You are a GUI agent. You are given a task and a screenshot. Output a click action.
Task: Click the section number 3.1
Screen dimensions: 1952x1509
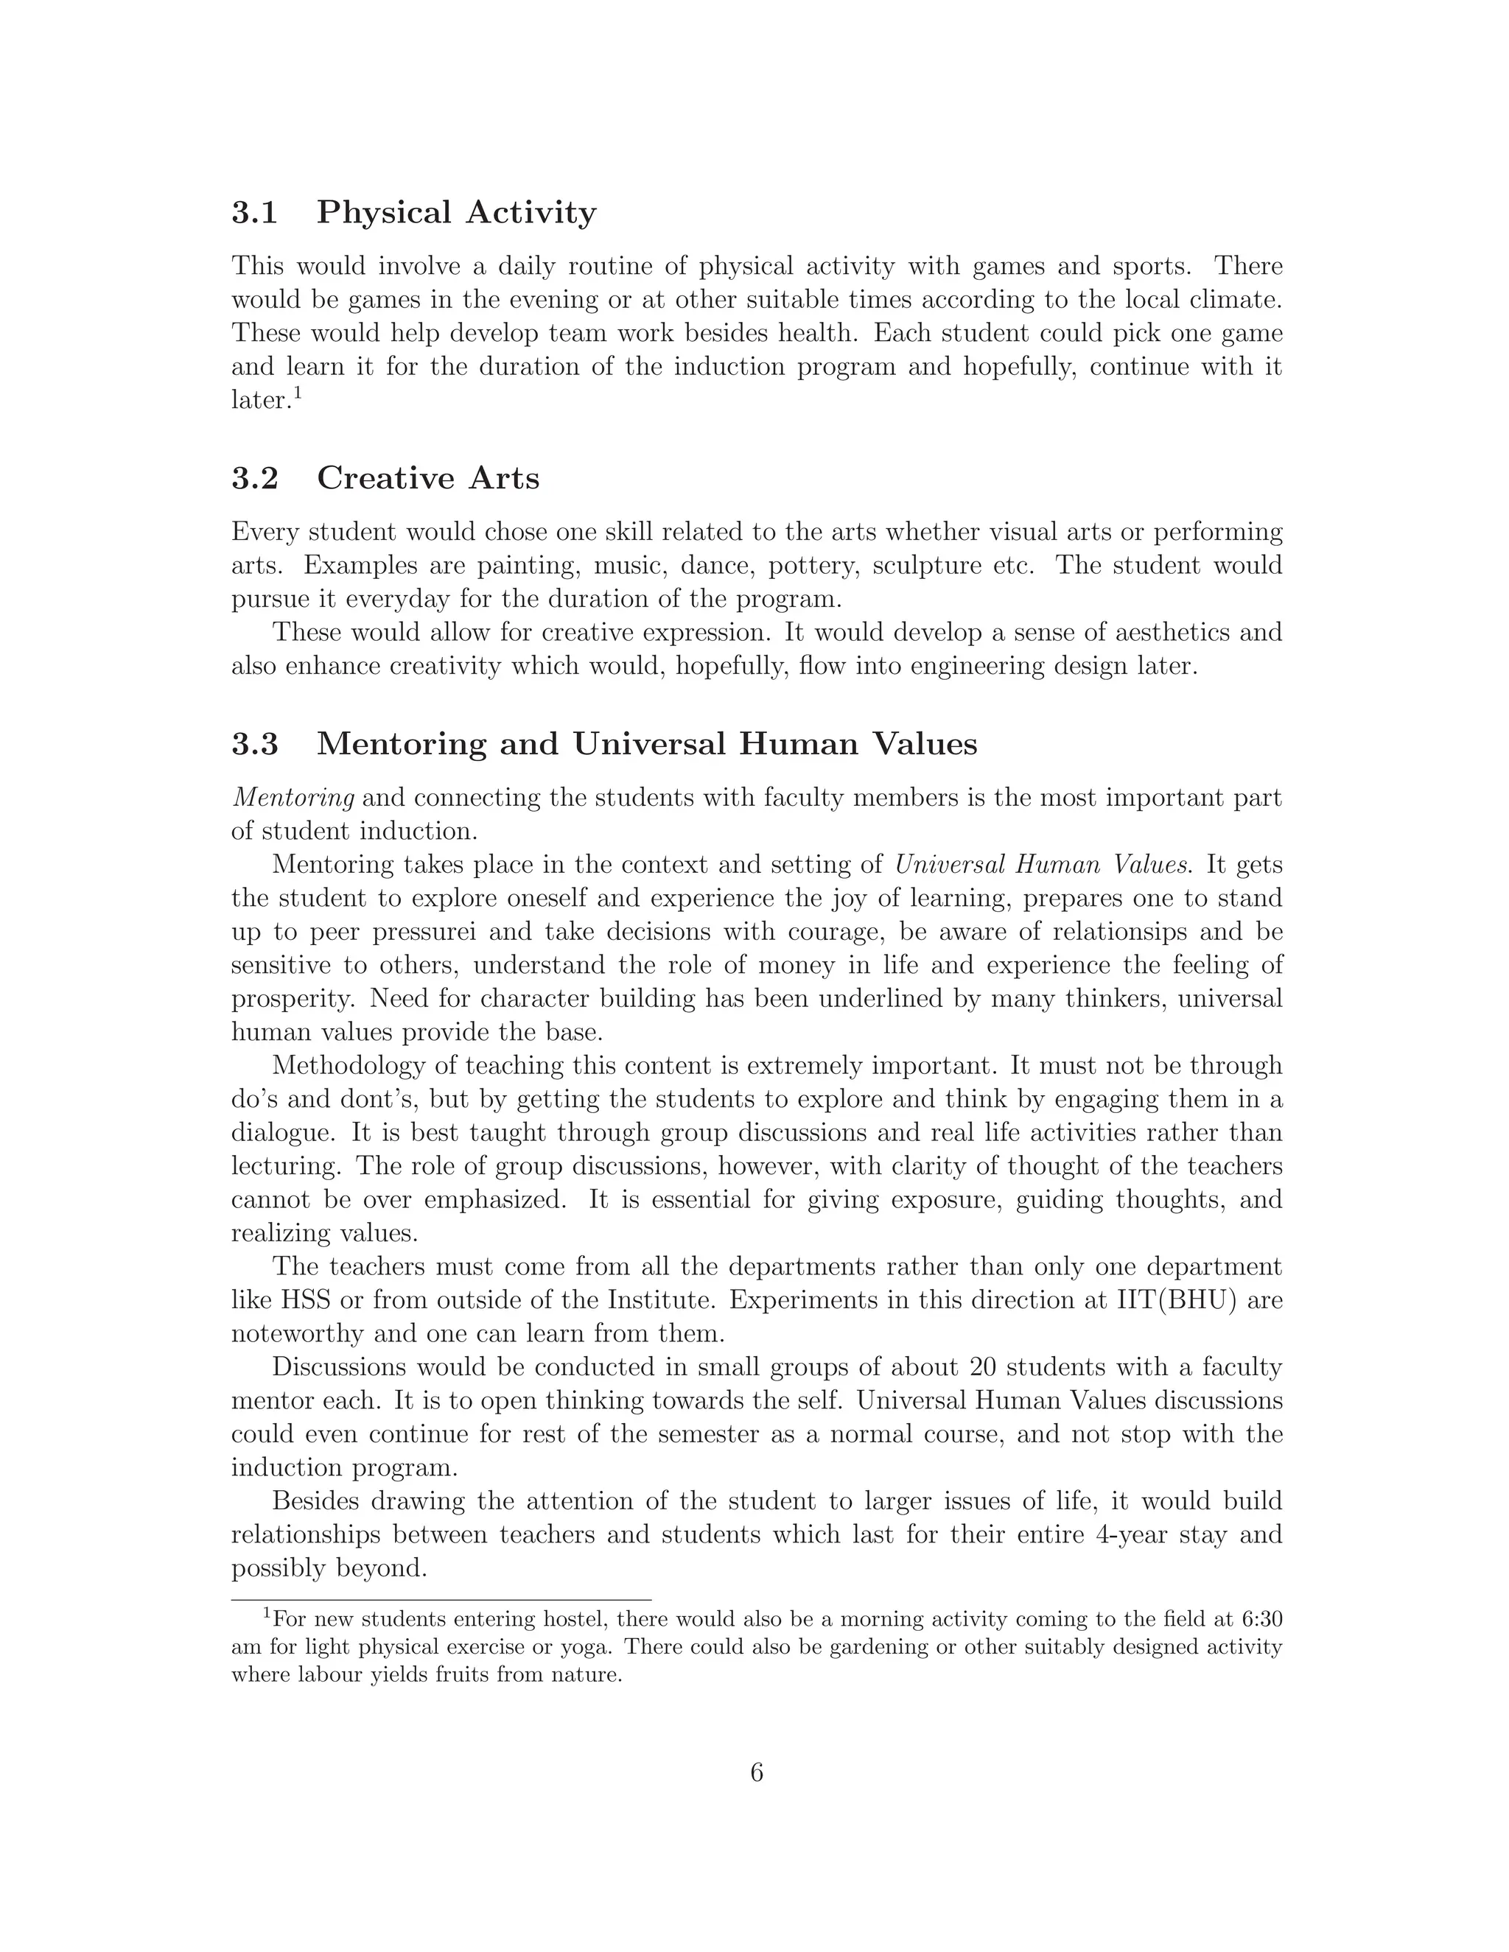255,213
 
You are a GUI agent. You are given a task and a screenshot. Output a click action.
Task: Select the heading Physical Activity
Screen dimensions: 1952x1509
456,213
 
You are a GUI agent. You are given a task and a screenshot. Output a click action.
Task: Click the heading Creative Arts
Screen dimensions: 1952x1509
428,478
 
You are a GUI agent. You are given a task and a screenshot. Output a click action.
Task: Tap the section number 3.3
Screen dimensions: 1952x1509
255,744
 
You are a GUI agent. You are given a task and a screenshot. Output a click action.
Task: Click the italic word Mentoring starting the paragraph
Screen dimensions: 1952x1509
293,798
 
